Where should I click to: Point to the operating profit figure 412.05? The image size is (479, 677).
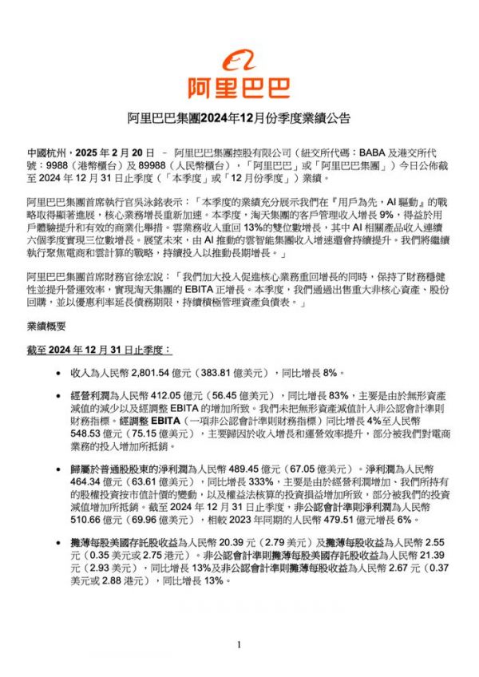coord(173,395)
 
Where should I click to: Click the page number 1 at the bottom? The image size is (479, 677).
coord(239,644)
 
